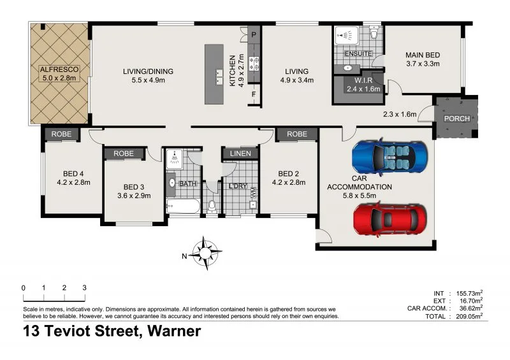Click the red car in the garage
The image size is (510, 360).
pyautogui.click(x=391, y=219)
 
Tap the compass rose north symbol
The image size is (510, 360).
pyautogui.click(x=206, y=252)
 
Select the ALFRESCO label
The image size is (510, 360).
pyautogui.click(x=58, y=70)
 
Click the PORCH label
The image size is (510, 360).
pyautogui.click(x=456, y=119)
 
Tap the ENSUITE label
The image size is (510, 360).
pyautogui.click(x=358, y=54)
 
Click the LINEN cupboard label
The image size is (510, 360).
pyautogui.click(x=240, y=154)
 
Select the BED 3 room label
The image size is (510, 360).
pyautogui.click(x=133, y=186)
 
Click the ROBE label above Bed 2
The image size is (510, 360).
pyautogui.click(x=297, y=134)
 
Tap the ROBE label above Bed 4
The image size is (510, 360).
pyautogui.click(x=62, y=134)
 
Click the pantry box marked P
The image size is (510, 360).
pyautogui.click(x=253, y=34)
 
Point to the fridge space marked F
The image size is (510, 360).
pyautogui.click(x=253, y=96)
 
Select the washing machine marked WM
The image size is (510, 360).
pyautogui.click(x=252, y=191)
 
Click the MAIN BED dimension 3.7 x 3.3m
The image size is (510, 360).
pyautogui.click(x=423, y=64)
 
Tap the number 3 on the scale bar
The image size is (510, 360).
pyautogui.click(x=84, y=288)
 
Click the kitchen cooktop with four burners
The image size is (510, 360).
pyautogui.click(x=254, y=63)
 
